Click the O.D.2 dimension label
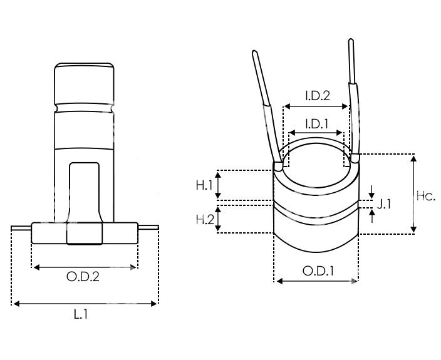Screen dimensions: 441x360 tap(83, 277)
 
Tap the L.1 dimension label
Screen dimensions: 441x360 tap(81, 314)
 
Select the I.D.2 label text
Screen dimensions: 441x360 tap(318, 96)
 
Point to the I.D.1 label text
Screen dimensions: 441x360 tap(316, 124)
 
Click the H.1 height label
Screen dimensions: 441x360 tap(204, 185)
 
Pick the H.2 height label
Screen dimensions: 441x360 tap(205, 220)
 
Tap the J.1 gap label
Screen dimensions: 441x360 tap(384, 205)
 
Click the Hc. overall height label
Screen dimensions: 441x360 tap(426, 196)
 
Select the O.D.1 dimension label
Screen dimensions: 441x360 tap(318, 271)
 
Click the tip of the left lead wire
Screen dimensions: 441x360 tap(254, 52)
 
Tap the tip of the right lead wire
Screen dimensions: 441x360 tap(350, 40)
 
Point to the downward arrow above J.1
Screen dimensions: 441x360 tap(372, 192)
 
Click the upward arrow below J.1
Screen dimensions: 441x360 tap(372, 216)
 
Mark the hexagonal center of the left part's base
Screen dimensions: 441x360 tap(85, 234)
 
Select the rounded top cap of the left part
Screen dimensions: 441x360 tap(84, 83)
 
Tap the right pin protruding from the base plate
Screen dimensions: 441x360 tap(148, 227)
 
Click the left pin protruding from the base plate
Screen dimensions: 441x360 tap(21, 227)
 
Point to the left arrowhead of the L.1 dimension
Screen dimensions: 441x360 tap(16, 304)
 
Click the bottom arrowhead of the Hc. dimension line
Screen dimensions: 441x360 tap(413, 229)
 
